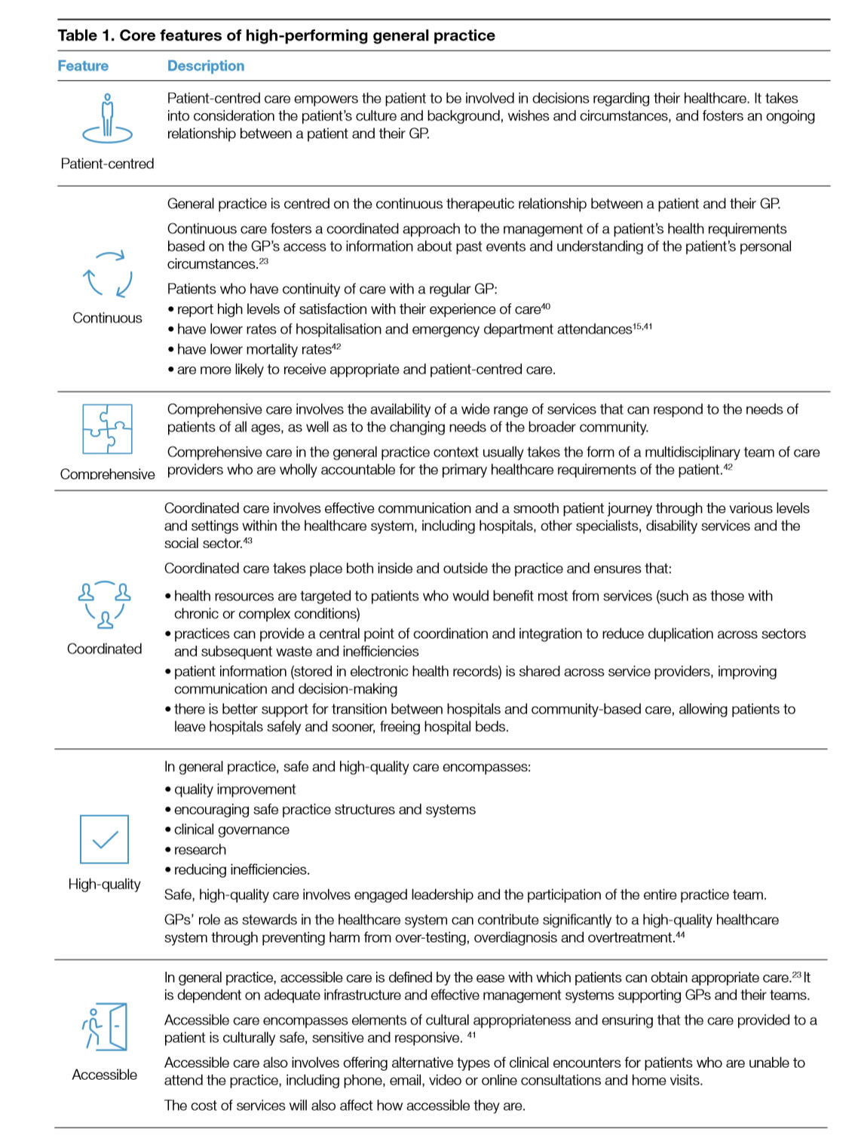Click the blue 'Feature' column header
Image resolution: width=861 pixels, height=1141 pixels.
(x=83, y=66)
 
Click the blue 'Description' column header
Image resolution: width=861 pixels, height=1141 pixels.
(x=206, y=66)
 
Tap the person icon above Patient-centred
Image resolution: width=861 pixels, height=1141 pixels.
(x=107, y=119)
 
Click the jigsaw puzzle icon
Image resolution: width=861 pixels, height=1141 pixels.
(x=107, y=428)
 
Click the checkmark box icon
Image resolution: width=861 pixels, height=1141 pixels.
(x=104, y=839)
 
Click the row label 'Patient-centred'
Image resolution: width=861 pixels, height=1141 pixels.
(x=107, y=164)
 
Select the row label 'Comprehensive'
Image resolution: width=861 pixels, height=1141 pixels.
(x=107, y=474)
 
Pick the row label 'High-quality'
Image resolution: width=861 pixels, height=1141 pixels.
(x=104, y=884)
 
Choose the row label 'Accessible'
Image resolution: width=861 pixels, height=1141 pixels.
(x=104, y=1075)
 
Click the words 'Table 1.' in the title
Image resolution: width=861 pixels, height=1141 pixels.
(x=86, y=35)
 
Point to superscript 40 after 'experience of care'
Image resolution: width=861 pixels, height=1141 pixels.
(x=546, y=306)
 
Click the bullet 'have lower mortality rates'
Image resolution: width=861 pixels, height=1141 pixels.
(x=254, y=350)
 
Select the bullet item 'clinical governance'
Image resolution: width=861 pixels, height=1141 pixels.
(x=231, y=830)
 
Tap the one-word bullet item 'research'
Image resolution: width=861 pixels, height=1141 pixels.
(x=200, y=850)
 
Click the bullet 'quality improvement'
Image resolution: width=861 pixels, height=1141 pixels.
(x=234, y=790)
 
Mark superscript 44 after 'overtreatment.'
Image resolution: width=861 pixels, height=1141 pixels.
(x=680, y=935)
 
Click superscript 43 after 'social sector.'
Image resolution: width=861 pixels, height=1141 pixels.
(x=248, y=541)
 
